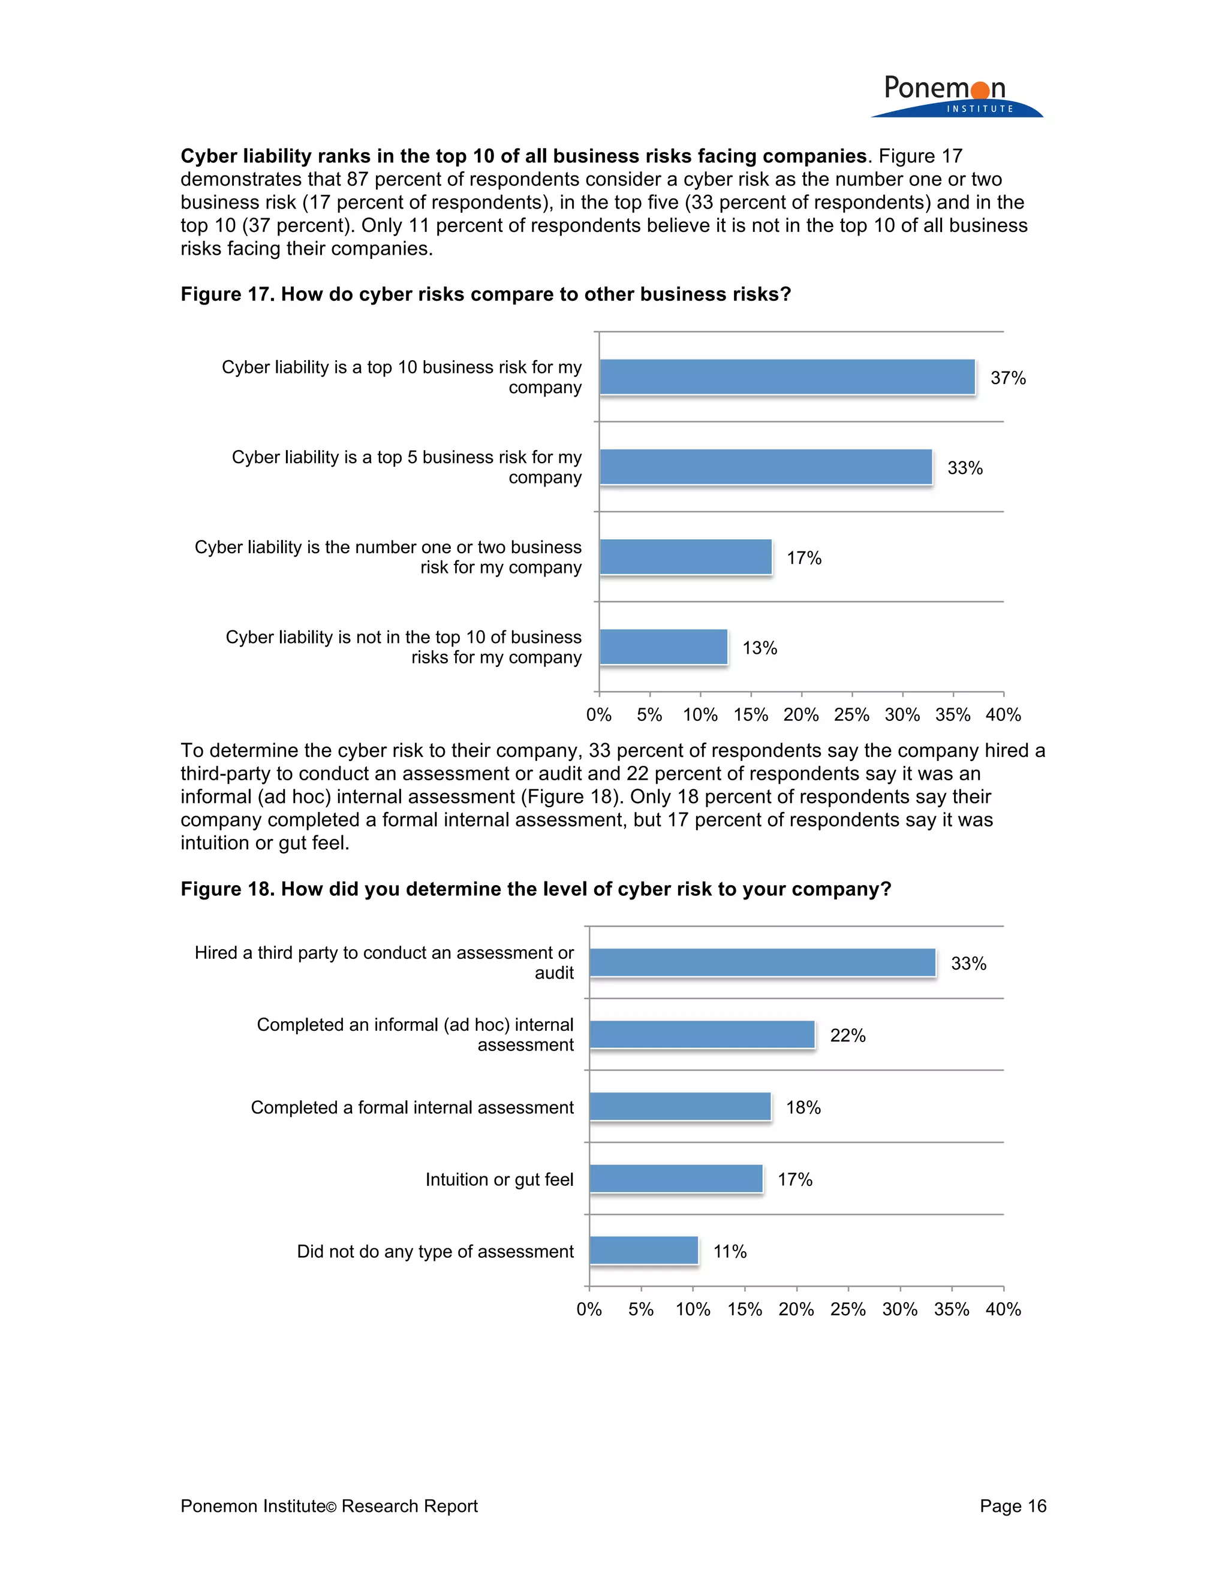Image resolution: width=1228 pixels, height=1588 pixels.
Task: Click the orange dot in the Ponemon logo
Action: (980, 90)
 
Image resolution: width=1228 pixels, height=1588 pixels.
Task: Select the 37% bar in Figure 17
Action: (787, 378)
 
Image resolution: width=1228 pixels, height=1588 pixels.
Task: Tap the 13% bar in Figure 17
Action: (664, 647)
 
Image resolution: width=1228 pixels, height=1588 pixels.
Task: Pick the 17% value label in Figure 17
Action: (804, 558)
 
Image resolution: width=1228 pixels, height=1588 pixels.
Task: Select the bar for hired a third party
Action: (763, 963)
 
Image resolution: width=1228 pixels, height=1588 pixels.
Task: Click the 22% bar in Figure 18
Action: (702, 1035)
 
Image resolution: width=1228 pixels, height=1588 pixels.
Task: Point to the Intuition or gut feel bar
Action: (676, 1179)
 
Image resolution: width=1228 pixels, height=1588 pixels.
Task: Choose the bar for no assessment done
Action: (644, 1251)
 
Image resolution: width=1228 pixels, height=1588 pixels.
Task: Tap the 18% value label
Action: (803, 1107)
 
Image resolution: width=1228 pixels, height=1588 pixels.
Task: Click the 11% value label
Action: (730, 1251)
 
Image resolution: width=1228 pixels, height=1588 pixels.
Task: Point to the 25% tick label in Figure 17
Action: (851, 715)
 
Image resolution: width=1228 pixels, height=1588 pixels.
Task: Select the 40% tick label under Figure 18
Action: (1003, 1309)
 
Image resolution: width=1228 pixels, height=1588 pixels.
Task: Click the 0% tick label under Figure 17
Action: (599, 715)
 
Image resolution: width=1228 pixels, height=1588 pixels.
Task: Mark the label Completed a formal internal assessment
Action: (412, 1107)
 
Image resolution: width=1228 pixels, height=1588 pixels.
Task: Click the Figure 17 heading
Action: (485, 294)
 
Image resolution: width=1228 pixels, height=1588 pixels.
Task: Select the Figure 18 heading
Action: (535, 889)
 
